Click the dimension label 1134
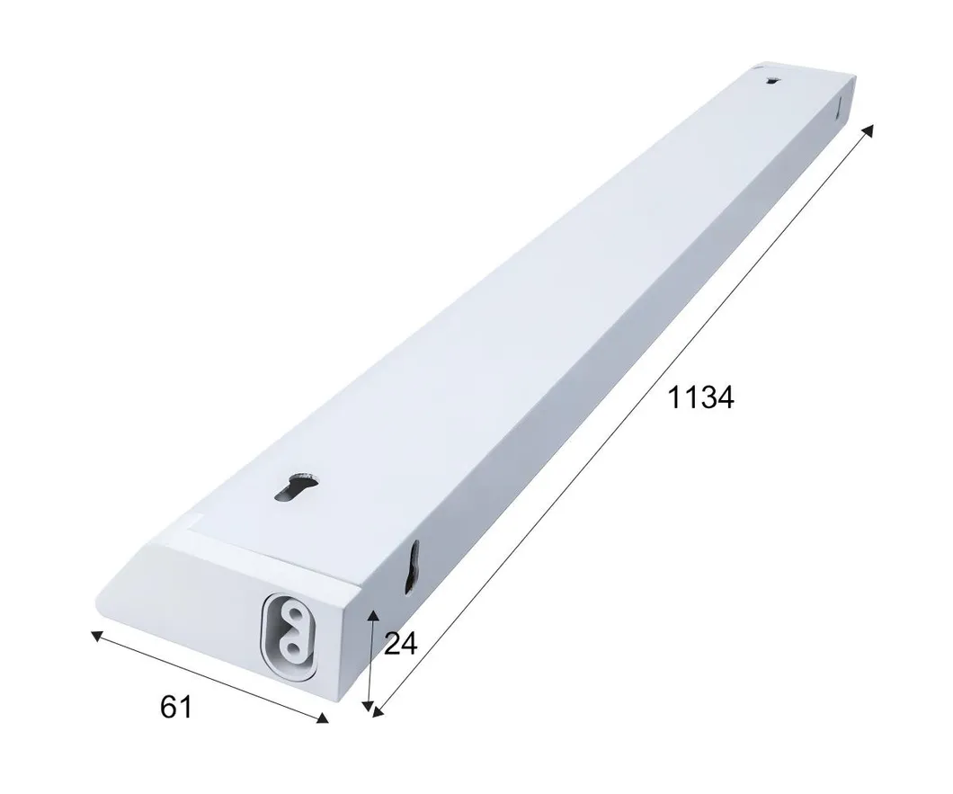[699, 397]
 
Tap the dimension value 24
[400, 644]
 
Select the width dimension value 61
[176, 707]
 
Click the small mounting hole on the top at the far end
[772, 83]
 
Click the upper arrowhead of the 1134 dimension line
[868, 131]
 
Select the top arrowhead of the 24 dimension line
[373, 615]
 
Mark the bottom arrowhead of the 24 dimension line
[368, 707]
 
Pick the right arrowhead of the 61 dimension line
[323, 718]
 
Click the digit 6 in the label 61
[169, 707]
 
